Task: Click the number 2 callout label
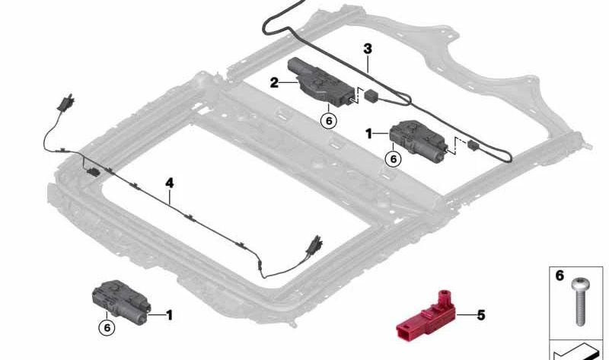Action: pyautogui.click(x=274, y=81)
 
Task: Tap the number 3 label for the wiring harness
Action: pyautogui.click(x=368, y=49)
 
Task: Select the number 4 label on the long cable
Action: pyautogui.click(x=170, y=183)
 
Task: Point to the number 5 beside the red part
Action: pyautogui.click(x=480, y=314)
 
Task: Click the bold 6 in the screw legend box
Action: pyautogui.click(x=560, y=276)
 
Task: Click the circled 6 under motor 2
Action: pyautogui.click(x=328, y=120)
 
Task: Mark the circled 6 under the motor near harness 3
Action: pyautogui.click(x=393, y=159)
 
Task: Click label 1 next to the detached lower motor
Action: pyautogui.click(x=169, y=314)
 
